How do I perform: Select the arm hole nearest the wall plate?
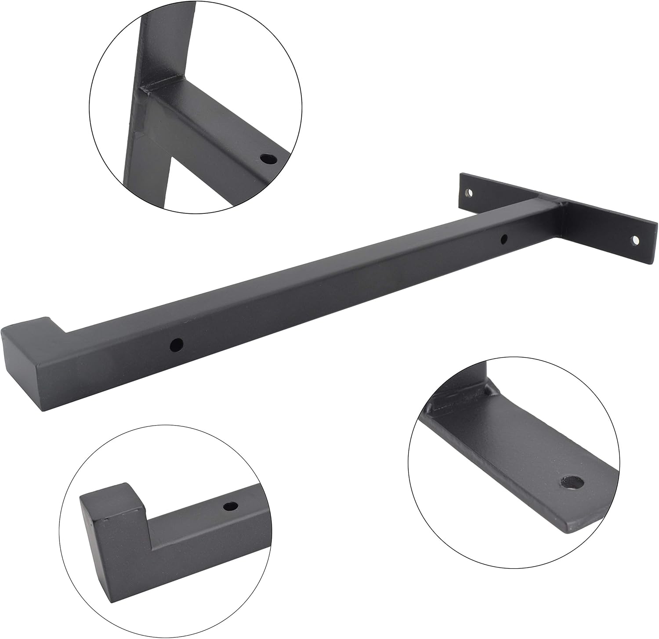(504, 239)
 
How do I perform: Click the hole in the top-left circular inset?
(267, 159)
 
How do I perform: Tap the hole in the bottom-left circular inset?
(229, 506)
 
